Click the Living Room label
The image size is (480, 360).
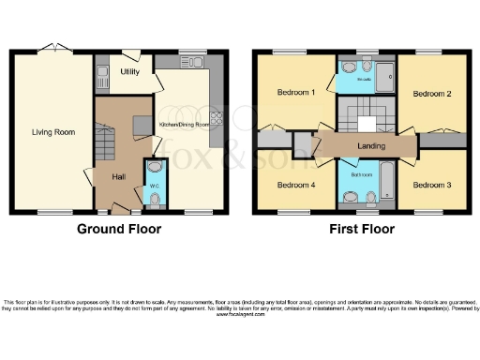tap(52, 132)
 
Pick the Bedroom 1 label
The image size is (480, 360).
tap(295, 93)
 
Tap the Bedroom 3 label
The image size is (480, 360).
tap(432, 184)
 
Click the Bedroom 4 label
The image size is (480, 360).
tap(295, 184)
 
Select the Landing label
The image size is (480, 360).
tap(372, 146)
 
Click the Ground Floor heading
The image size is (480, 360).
tap(118, 229)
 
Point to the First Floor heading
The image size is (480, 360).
tap(362, 229)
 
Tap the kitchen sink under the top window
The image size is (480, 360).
tap(195, 62)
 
